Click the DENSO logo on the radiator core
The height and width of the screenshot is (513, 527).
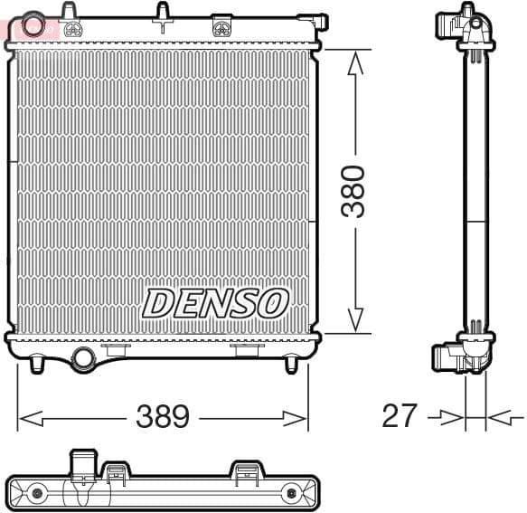(x=215, y=304)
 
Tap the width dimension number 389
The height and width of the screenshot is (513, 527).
(x=163, y=417)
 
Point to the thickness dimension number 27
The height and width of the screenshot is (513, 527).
(x=400, y=416)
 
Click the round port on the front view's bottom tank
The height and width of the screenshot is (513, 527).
(x=84, y=357)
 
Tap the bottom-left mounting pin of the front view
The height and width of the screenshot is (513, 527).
(x=36, y=364)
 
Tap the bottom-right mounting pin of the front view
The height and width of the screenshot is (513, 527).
(x=291, y=364)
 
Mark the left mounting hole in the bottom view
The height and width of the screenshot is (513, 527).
(x=37, y=493)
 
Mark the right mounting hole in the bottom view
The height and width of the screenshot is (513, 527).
(x=291, y=493)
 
